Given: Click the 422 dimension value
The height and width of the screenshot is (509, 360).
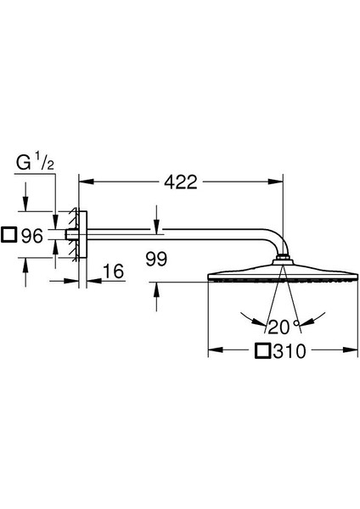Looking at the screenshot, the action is [x=181, y=182].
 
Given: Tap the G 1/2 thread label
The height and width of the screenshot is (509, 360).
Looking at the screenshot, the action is [x=35, y=163].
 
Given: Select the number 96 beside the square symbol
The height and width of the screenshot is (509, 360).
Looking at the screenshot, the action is [x=32, y=236].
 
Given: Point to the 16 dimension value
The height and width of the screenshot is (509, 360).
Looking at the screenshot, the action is [x=114, y=271].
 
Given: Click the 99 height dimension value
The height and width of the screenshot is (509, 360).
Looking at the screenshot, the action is [x=156, y=259].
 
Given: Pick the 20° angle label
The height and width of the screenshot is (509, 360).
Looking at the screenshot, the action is [x=284, y=327].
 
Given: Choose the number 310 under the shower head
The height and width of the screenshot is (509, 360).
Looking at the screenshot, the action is [x=290, y=351].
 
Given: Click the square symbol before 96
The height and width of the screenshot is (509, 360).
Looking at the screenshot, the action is [x=8, y=235].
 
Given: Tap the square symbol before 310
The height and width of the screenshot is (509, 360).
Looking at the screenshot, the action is [x=263, y=351].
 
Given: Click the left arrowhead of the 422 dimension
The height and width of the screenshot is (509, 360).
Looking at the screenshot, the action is [x=87, y=182].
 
